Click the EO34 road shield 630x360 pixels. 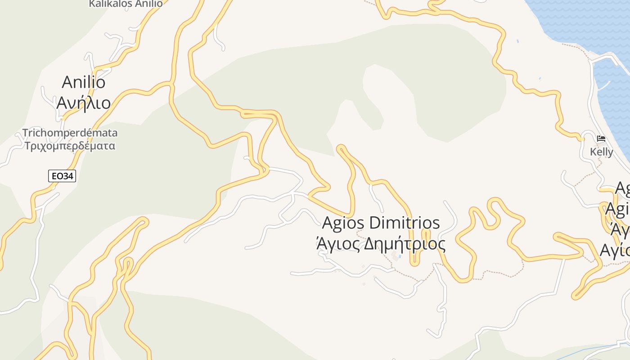pos(62,176)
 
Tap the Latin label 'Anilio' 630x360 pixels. pos(84,82)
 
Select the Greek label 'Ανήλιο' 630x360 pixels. pos(84,103)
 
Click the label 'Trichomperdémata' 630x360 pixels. pos(70,133)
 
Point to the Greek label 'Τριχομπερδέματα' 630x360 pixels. pos(70,146)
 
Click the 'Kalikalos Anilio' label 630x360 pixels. pos(126,4)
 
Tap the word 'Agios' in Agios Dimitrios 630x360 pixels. pos(343,223)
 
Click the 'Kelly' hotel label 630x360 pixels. pos(601,152)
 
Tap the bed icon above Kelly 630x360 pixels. pos(601,139)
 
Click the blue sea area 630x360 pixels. pos(580,22)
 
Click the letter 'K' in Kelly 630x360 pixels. pos(593,152)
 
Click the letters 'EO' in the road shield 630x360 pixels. pos(57,176)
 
